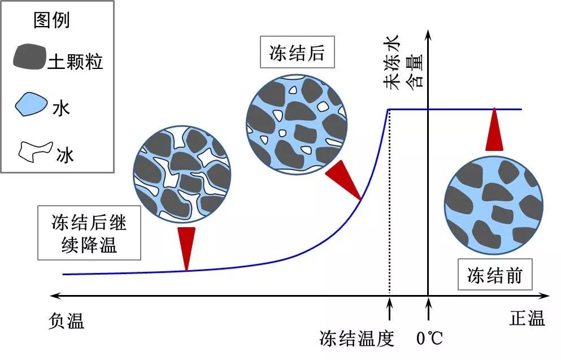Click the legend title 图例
51,21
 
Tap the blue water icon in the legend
31,104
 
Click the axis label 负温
66,322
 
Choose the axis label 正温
527,319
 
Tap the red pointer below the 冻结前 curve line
494,130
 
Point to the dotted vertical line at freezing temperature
389,203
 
